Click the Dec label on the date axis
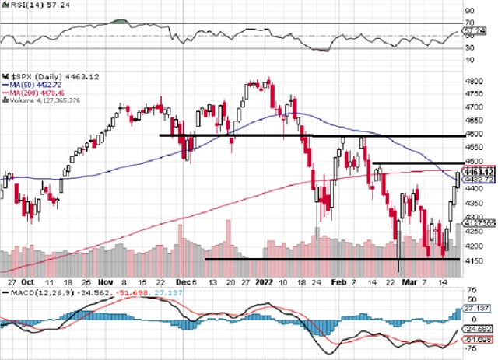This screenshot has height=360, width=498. click(x=184, y=281)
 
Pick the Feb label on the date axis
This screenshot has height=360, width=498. click(x=337, y=281)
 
